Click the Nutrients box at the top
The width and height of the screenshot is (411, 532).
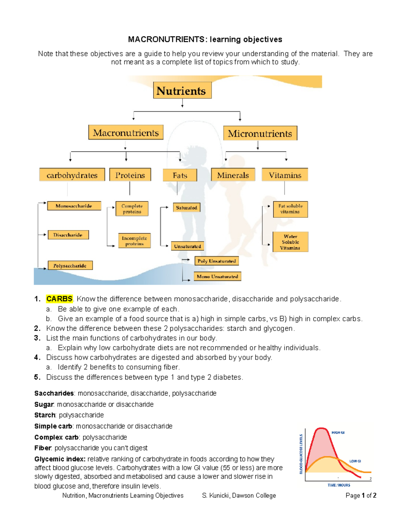[x=182, y=90]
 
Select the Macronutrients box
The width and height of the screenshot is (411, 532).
[x=126, y=133]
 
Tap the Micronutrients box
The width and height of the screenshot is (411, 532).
[x=260, y=133]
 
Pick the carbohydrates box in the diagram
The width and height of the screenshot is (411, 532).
[x=72, y=175]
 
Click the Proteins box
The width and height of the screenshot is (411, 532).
[x=130, y=175]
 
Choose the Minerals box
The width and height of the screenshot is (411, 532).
[x=233, y=175]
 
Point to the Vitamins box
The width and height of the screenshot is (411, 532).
[x=285, y=175]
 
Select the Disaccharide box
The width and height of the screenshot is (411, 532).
[x=68, y=235]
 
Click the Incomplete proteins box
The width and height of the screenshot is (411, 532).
[x=134, y=241]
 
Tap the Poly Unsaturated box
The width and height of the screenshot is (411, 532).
[x=216, y=261]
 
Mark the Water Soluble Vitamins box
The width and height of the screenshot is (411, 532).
[x=290, y=242]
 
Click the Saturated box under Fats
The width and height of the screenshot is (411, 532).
[x=186, y=208]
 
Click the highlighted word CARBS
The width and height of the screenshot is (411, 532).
[x=59, y=299]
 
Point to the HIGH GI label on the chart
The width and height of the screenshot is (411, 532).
[x=338, y=433]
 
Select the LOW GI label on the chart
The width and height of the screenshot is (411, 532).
[x=355, y=461]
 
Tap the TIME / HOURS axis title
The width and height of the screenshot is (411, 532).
[x=339, y=485]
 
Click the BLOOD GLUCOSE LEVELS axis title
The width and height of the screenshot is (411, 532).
[x=301, y=454]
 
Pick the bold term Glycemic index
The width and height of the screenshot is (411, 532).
[x=60, y=459]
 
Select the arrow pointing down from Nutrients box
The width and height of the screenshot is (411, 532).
[x=182, y=103]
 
